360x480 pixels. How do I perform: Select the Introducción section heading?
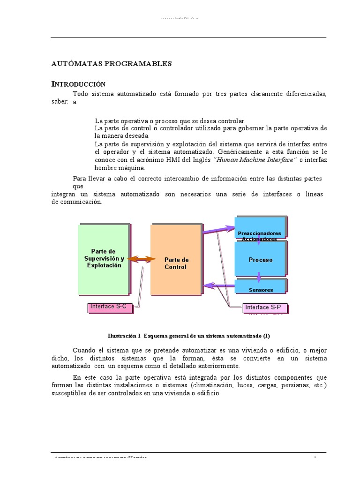(x=78, y=84)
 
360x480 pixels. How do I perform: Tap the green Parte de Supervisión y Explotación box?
(x=104, y=258)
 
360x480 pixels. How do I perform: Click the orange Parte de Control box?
(x=176, y=260)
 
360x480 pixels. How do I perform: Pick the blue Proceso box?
(x=260, y=259)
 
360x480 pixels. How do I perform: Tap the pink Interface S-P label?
(x=264, y=308)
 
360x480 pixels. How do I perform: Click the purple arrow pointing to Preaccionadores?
(x=218, y=230)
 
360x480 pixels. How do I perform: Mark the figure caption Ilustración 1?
(x=189, y=336)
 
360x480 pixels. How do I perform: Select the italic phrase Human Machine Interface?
(x=255, y=160)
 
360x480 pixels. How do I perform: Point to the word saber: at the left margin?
(x=60, y=102)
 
